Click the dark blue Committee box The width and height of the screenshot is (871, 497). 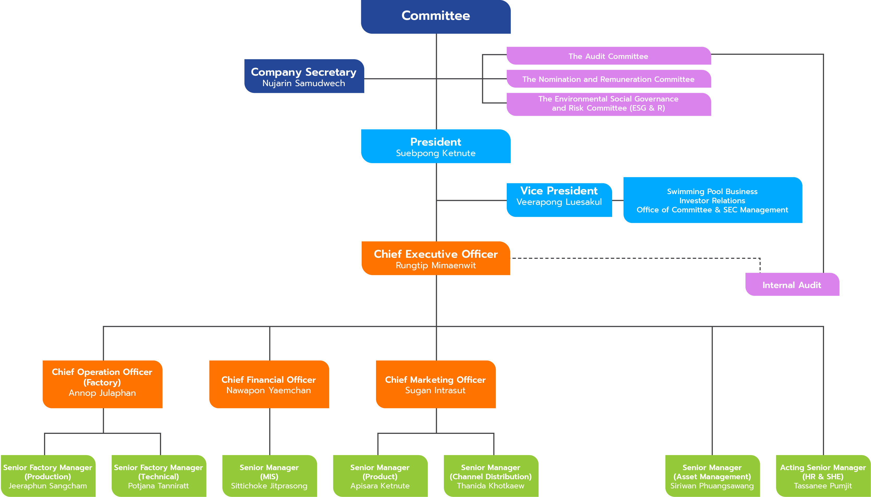point(436,17)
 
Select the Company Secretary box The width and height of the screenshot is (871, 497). point(304,76)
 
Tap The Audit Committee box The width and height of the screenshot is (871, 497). point(608,56)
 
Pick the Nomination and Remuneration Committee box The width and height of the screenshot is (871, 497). point(608,79)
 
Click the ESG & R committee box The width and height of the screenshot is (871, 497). point(608,104)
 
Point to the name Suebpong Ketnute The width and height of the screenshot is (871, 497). point(435,153)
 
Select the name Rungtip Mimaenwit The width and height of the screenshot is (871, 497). point(435,265)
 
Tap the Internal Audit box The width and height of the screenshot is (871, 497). point(792,284)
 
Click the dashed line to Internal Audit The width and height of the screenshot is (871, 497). point(635,258)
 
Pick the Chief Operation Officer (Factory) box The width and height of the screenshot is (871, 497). point(102,384)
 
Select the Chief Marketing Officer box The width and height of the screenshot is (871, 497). point(435,384)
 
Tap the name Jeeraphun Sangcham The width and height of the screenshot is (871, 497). point(48,486)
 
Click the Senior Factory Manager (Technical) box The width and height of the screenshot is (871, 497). point(159,476)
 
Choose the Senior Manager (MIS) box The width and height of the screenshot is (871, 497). point(269,476)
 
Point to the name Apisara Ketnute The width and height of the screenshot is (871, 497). point(380,486)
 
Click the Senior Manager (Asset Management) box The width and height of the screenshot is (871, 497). point(712,476)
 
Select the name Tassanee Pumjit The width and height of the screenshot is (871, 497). point(823,486)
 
